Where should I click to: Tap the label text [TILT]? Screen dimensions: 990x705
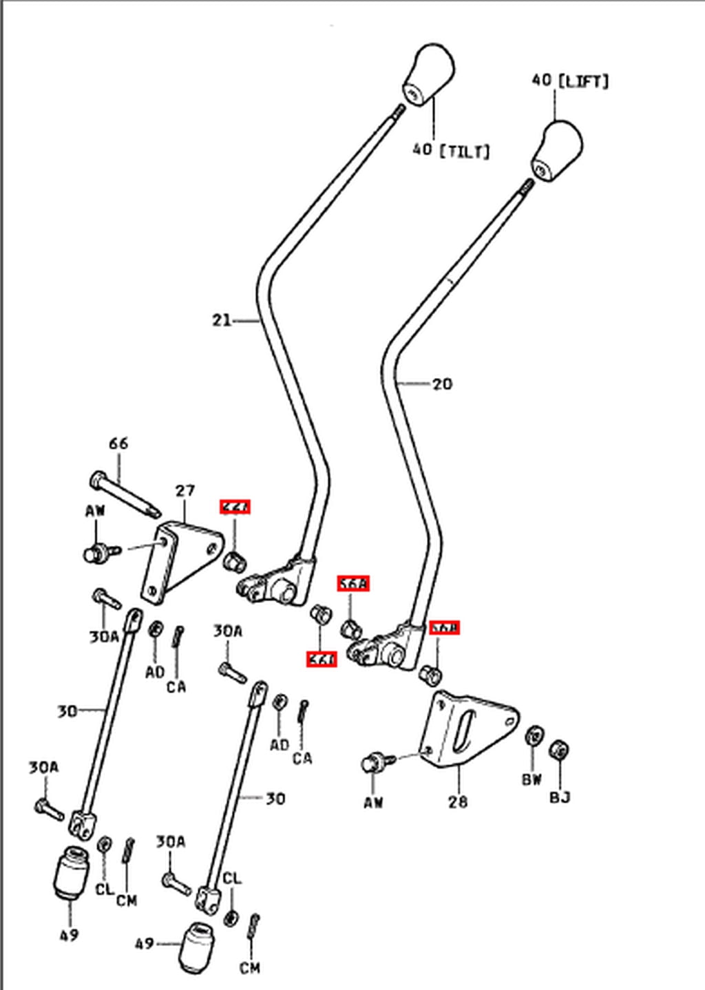click(464, 150)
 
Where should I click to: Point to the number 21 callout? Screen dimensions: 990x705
click(222, 320)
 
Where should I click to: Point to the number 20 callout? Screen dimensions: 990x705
click(442, 383)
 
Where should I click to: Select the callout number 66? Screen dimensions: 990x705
click(118, 443)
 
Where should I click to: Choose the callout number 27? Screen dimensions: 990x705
click(185, 491)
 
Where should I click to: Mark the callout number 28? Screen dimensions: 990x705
click(458, 801)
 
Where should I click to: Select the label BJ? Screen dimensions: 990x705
click(560, 797)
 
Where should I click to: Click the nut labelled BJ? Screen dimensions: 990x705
click(560, 750)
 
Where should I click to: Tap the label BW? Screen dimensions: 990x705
click(532, 779)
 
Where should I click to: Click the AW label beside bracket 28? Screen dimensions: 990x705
click(373, 803)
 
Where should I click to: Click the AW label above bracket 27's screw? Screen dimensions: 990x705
click(95, 511)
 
